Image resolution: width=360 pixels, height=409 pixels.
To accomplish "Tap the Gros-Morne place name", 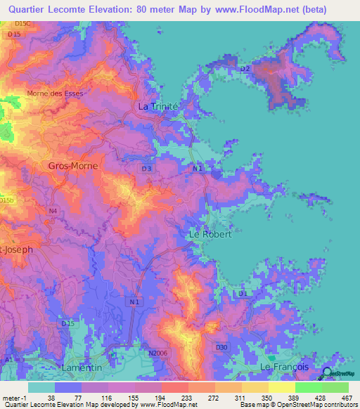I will (x=73, y=166).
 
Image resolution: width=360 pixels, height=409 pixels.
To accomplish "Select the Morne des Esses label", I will (x=55, y=93).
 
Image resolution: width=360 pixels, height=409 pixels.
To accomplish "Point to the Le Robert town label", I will (x=210, y=234).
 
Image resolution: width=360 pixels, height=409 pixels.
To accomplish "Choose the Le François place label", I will (x=285, y=367).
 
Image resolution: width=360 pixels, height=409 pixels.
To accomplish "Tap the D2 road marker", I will (x=245, y=69).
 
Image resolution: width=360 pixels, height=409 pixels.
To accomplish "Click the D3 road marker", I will (x=146, y=169).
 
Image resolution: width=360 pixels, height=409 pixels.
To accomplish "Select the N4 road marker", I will (x=53, y=210).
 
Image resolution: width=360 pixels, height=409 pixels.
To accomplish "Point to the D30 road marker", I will (x=222, y=347).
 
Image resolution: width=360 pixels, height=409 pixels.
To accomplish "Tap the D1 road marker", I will (x=243, y=293).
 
